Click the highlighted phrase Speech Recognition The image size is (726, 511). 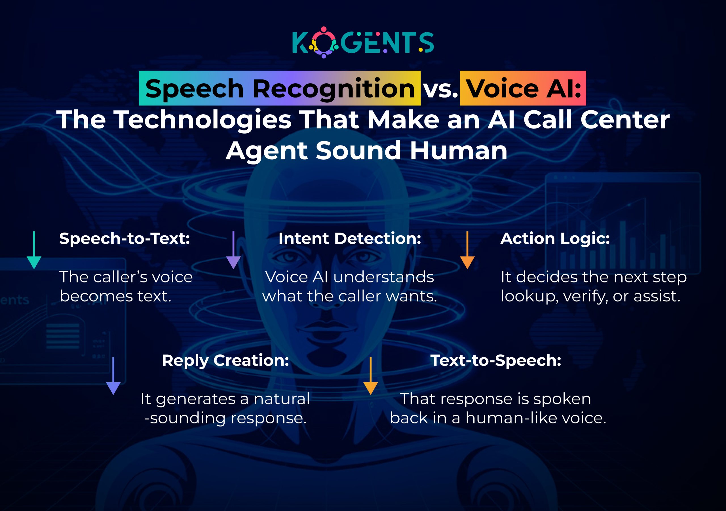[x=280, y=88]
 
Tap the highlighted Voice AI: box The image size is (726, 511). [x=523, y=88]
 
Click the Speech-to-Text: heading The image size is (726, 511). [x=124, y=238]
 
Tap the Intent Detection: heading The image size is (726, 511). [x=350, y=238]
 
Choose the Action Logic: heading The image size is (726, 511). [x=555, y=238]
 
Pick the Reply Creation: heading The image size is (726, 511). [x=225, y=360]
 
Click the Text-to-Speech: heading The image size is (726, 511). [x=495, y=360]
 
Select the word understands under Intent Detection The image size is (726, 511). [x=383, y=277]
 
